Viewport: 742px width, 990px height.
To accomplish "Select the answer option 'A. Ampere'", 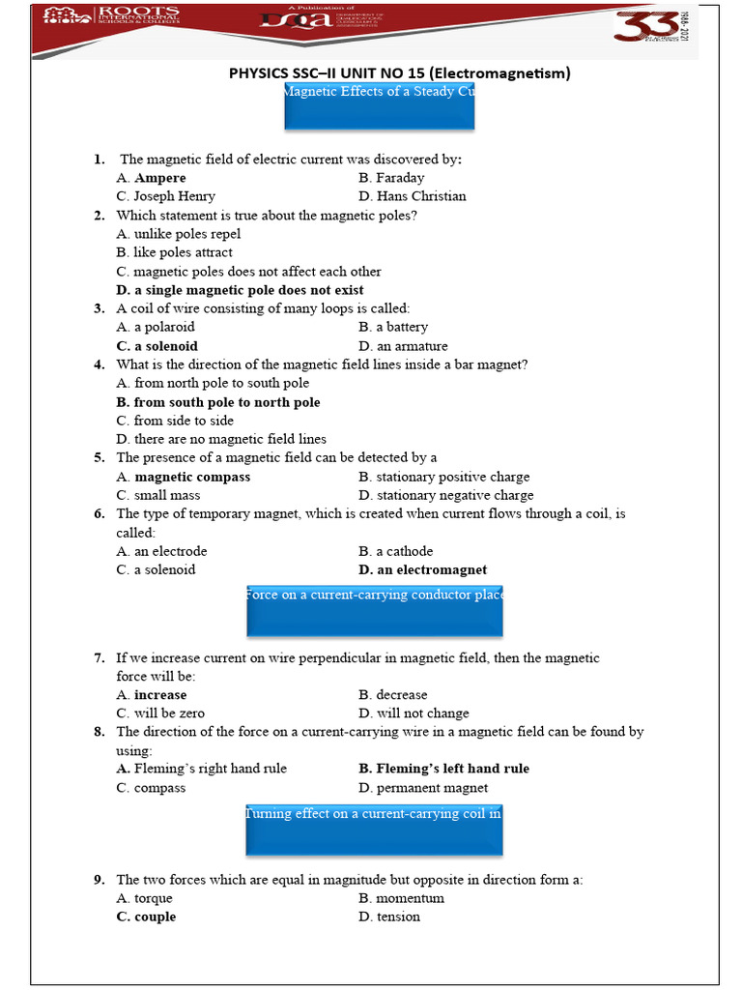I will coord(151,178).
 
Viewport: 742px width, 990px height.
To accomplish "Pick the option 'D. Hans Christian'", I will coord(412,196).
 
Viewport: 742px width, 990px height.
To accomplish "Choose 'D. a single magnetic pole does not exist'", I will coord(240,290).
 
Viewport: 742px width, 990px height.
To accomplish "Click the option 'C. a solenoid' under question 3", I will coord(157,346).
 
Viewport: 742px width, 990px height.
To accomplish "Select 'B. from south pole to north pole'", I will coord(217,402).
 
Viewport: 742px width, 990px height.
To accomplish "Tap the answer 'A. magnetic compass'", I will coord(183,477).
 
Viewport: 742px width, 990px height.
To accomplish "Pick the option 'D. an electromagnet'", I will coord(422,569).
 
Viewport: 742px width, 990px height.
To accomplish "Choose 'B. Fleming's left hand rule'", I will coord(443,769).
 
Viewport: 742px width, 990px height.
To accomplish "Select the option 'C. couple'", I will coord(146,917).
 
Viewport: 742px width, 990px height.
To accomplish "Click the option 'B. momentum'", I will coord(401,898).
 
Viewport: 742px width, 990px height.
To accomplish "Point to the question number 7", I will coord(100,658).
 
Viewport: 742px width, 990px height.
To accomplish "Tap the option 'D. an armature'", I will coord(403,346).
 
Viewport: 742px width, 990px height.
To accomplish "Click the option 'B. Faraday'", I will coord(391,178).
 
